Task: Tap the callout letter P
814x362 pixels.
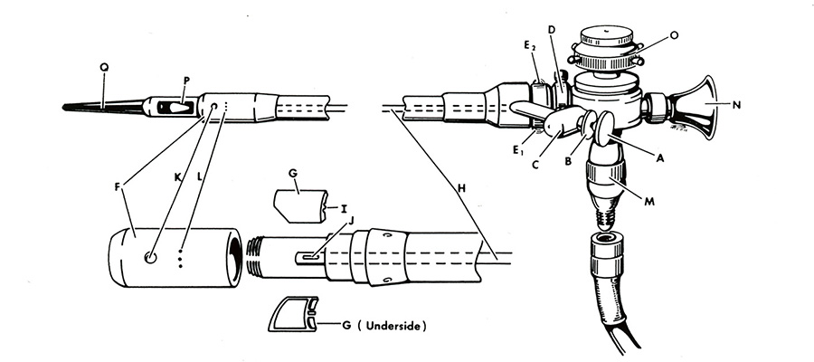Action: [x=186, y=81]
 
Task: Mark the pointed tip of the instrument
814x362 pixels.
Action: [x=66, y=108]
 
